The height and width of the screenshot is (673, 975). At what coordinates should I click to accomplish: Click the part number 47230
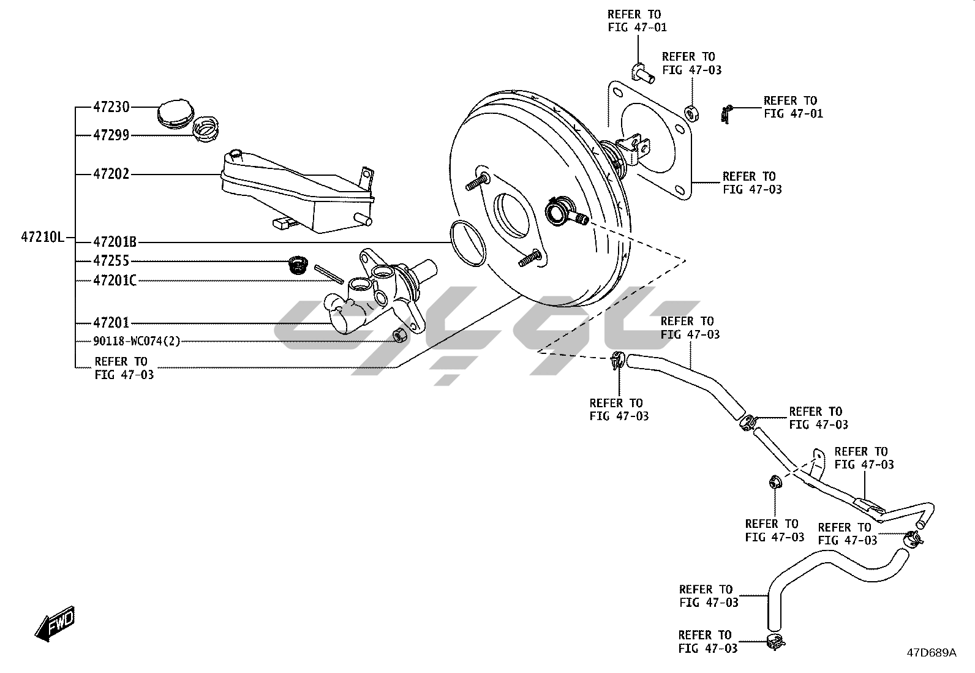pyautogui.click(x=111, y=107)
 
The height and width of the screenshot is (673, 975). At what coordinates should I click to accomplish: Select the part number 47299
pyautogui.click(x=111, y=135)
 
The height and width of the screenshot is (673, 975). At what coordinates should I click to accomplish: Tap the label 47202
pyautogui.click(x=111, y=175)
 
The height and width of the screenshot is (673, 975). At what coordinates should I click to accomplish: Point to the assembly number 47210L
pyautogui.click(x=42, y=237)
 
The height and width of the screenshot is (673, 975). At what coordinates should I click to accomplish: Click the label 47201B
pyautogui.click(x=115, y=242)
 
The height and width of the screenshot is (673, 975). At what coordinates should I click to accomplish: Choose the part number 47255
pyautogui.click(x=111, y=261)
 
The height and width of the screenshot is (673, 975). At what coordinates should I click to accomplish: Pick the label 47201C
pyautogui.click(x=115, y=281)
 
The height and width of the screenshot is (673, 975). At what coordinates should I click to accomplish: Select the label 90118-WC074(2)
pyautogui.click(x=137, y=341)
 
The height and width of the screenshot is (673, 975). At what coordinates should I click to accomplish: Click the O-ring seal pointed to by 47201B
pyautogui.click(x=469, y=243)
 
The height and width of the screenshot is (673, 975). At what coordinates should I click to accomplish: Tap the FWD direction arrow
pyautogui.click(x=55, y=625)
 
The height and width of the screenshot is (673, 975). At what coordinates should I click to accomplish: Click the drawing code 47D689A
pyautogui.click(x=931, y=653)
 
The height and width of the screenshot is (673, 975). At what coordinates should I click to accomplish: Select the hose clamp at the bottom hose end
pyautogui.click(x=775, y=642)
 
